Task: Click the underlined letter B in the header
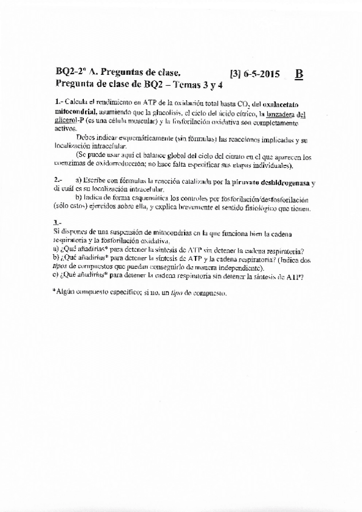(299, 75)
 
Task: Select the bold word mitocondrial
(75, 113)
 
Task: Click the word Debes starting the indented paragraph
(87, 138)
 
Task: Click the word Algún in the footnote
(67, 292)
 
